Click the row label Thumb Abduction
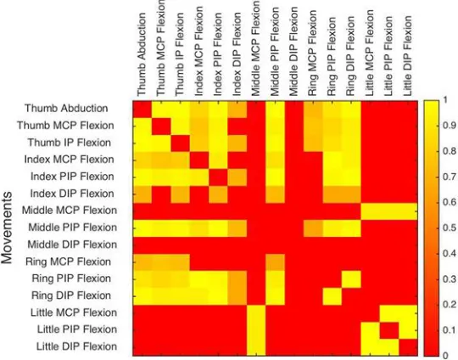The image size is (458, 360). point(66,108)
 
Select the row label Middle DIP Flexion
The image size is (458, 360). point(72,245)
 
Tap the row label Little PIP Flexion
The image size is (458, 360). point(77,329)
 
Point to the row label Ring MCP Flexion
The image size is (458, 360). point(69,262)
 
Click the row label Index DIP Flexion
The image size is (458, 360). point(72,194)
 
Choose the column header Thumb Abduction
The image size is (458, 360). point(142,54)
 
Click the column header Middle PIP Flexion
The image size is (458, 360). point(274,52)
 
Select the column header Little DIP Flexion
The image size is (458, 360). point(407,55)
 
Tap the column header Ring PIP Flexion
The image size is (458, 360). point(332,56)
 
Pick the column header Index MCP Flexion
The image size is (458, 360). point(198,52)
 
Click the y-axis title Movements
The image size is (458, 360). point(7,228)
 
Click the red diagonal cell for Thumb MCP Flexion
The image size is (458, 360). point(161,126)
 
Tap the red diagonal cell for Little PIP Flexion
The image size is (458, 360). point(388,330)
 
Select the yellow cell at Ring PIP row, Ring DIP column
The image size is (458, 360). point(351,279)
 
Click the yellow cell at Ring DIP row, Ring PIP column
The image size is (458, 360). point(332,296)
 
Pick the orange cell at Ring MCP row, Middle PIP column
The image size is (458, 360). point(275,262)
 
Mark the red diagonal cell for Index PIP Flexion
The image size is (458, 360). point(218,177)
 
